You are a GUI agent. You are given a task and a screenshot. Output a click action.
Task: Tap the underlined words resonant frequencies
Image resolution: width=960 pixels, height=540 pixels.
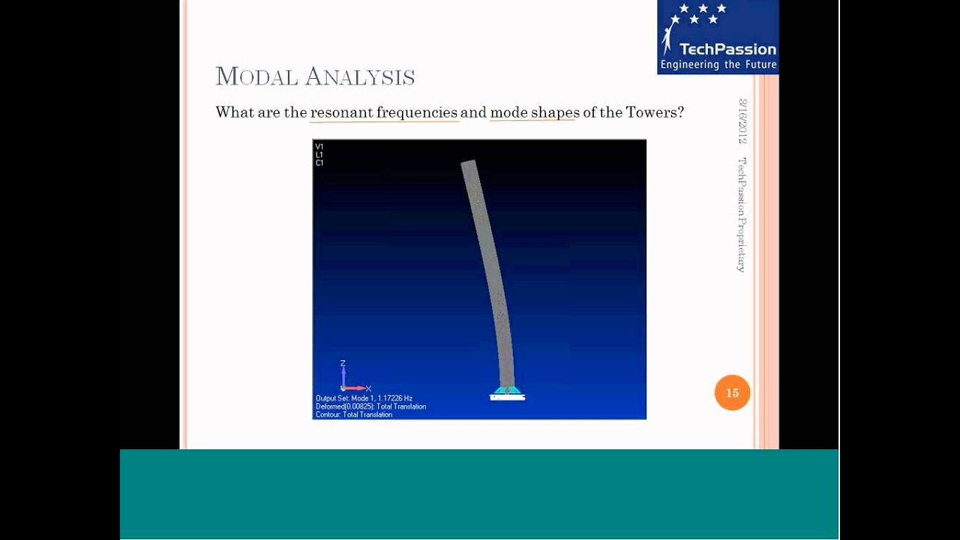384,112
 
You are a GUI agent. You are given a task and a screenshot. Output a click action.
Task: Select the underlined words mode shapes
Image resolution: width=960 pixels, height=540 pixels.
535,112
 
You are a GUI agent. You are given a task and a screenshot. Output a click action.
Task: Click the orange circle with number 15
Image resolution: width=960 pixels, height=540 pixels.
732,393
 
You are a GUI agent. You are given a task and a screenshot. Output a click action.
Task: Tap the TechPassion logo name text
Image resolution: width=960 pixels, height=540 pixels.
727,49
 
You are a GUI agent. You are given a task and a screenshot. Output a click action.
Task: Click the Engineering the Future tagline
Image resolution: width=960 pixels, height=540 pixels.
718,65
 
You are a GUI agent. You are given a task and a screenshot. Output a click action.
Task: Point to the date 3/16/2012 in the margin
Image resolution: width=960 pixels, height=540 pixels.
742,121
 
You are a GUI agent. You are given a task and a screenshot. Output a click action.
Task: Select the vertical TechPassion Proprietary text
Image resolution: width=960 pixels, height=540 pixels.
742,214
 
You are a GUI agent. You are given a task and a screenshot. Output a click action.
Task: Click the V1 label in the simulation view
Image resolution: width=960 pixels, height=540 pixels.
319,147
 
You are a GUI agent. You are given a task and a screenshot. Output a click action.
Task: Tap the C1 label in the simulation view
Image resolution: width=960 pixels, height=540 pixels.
319,163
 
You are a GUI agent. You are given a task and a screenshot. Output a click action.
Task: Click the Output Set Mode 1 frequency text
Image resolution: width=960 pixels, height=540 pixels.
364,398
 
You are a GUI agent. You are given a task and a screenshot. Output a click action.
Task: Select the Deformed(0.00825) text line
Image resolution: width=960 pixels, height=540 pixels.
370,406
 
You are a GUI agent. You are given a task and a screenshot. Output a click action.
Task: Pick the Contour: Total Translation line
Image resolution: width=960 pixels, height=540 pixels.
354,415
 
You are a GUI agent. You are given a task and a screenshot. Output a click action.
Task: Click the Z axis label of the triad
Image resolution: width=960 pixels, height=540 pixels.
343,364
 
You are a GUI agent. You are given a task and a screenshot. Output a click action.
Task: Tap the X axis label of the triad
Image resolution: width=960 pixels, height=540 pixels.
368,388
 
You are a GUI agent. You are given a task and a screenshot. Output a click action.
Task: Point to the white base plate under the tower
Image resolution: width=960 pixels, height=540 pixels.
507,397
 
